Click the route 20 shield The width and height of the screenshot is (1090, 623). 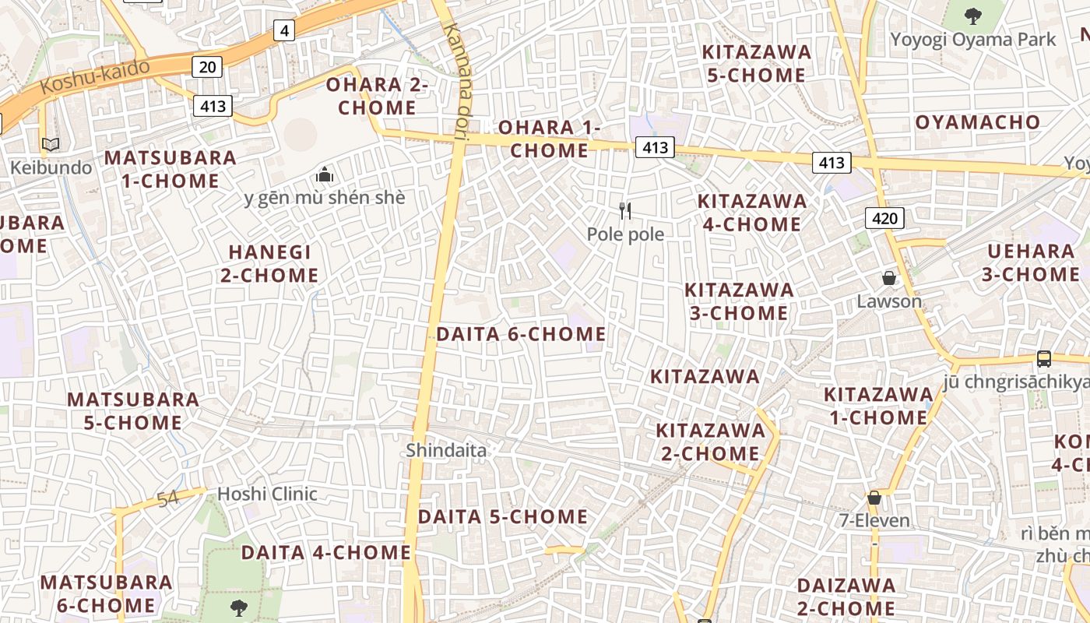207,67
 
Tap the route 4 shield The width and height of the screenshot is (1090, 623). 284,30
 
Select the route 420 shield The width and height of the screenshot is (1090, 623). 884,218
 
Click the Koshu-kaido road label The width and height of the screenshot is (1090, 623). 94,76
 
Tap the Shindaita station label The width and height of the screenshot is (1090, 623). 446,450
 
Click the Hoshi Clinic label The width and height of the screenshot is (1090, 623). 267,494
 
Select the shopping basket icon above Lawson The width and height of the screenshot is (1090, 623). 888,278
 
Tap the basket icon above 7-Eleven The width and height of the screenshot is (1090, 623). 874,498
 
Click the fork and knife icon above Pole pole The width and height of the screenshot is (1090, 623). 624,211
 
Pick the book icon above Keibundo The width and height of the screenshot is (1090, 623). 51,145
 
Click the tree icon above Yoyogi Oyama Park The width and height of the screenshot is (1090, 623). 972,16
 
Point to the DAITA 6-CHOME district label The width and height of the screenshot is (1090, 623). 521,334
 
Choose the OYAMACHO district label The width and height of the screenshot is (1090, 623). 977,122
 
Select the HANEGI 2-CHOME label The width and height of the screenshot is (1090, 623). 269,263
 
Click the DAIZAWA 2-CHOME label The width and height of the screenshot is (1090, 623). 846,596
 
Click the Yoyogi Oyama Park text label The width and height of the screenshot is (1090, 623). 973,39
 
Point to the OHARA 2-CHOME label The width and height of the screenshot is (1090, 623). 378,96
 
